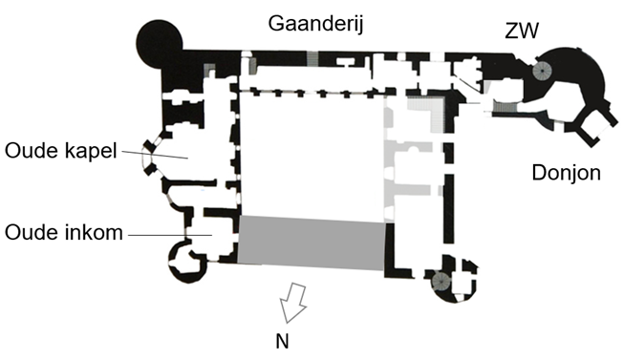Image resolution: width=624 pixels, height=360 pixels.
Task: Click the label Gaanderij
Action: point(315,24)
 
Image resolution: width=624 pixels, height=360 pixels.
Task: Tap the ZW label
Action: point(522,31)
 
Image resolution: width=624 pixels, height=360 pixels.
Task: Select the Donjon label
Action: point(566,173)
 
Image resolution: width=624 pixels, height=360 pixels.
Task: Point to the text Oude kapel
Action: point(60,151)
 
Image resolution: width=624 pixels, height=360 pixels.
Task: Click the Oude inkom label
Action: point(64,232)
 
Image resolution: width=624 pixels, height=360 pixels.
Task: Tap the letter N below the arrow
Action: point(282,341)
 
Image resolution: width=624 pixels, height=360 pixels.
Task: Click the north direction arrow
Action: point(292,303)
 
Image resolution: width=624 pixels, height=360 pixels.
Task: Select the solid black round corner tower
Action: point(160,41)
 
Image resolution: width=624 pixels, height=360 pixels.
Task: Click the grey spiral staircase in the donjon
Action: point(542,71)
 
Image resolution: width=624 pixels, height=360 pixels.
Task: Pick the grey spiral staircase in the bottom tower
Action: point(441,281)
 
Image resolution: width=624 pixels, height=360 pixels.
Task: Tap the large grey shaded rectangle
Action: point(311,244)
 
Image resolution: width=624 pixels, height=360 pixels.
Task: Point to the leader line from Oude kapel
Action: point(155,155)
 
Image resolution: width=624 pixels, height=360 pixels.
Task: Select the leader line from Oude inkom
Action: point(170,235)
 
